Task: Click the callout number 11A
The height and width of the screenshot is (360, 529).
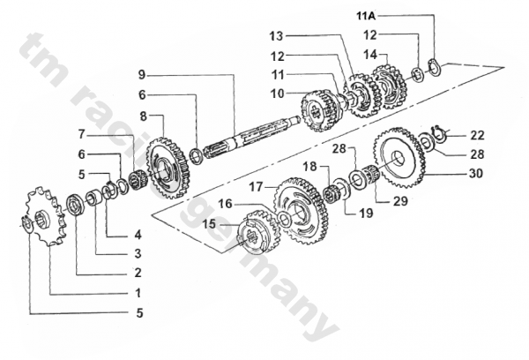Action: [x=367, y=16]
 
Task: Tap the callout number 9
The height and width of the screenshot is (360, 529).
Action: [x=142, y=75]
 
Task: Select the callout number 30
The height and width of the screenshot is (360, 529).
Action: [x=476, y=173]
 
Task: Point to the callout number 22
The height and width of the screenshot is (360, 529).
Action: [x=477, y=135]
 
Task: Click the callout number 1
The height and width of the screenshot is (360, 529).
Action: [x=138, y=293]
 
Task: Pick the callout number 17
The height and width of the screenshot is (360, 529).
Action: [x=256, y=186]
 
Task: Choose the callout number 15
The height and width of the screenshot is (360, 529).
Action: [x=209, y=223]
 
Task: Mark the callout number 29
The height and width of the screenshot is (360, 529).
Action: [x=401, y=201]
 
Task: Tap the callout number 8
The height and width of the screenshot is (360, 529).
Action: [x=144, y=116]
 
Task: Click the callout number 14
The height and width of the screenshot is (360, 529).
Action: [x=370, y=55]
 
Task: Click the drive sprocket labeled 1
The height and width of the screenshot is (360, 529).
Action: [x=45, y=217]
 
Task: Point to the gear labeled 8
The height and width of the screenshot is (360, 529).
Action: [x=168, y=168]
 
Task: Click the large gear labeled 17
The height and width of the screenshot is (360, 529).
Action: [x=301, y=209]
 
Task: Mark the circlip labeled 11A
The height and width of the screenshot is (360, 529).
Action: [x=434, y=68]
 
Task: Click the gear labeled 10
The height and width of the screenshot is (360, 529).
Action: [x=321, y=111]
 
